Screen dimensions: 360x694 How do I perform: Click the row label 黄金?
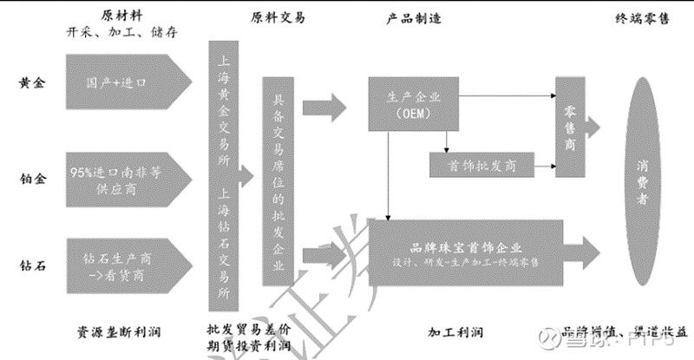click(x=32, y=83)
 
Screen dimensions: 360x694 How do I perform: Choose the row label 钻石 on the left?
click(x=32, y=256)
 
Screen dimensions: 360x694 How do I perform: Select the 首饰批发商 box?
click(x=481, y=166)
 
